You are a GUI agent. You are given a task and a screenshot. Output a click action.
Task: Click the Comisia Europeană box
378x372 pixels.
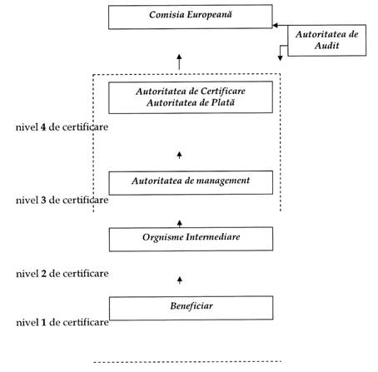(x=191, y=17)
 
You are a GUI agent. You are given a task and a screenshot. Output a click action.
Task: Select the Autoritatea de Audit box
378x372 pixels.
(x=327, y=41)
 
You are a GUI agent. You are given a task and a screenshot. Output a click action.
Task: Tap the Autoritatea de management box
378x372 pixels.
(x=191, y=183)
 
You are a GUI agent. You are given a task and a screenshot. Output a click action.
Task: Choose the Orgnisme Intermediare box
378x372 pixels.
(x=191, y=239)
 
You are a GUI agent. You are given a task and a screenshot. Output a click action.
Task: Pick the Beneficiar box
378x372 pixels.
(x=191, y=308)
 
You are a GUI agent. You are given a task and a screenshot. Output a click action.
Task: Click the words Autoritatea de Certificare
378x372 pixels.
(x=191, y=92)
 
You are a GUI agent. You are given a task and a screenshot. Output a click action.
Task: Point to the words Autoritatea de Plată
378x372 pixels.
(x=191, y=102)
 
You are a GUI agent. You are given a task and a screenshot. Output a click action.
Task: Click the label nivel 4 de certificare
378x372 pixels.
(x=62, y=127)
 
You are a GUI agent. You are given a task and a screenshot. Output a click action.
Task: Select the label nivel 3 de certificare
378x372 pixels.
(x=62, y=200)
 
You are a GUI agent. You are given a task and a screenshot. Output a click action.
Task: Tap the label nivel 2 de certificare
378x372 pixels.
(x=62, y=274)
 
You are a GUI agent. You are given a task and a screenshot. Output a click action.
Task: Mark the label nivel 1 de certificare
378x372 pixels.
(x=62, y=322)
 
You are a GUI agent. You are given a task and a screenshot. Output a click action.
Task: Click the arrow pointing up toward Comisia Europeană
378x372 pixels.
(x=179, y=62)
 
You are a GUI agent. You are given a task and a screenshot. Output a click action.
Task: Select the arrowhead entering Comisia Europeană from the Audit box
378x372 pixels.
(x=276, y=25)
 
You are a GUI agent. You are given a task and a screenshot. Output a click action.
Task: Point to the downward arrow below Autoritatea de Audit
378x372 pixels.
(x=281, y=52)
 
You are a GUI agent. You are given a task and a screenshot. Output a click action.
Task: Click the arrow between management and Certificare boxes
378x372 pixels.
(x=179, y=155)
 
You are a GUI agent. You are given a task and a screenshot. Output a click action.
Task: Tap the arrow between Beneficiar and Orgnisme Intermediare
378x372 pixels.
(x=180, y=280)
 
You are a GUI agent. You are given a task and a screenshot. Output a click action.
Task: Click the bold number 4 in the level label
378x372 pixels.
(x=43, y=127)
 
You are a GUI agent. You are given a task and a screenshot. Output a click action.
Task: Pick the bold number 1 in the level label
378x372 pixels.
(x=43, y=322)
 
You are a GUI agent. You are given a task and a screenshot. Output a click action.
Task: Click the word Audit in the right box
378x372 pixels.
(x=327, y=46)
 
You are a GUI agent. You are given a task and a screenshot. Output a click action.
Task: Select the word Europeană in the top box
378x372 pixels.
(x=209, y=15)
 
